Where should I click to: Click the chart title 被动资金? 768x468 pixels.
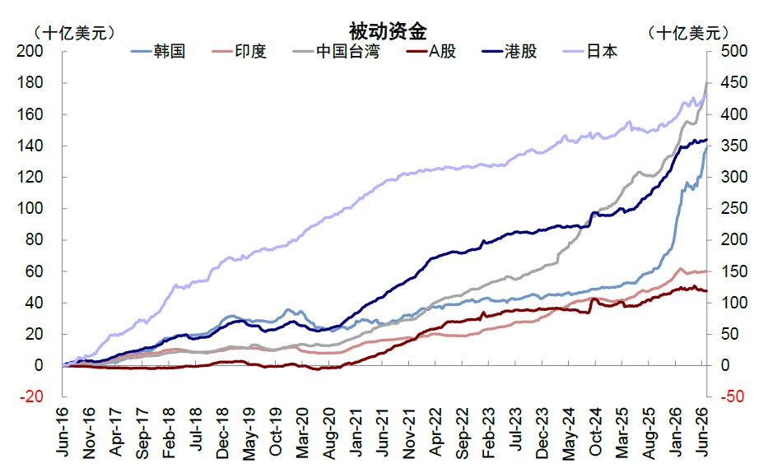[x=388, y=31]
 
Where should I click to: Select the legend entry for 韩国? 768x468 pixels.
[x=158, y=51]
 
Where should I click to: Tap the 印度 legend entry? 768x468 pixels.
[x=239, y=51]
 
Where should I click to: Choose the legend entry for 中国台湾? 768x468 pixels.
[x=336, y=51]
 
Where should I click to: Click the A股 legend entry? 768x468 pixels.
[x=431, y=51]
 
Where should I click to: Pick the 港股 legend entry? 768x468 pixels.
[x=510, y=51]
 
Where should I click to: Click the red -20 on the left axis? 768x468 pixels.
[x=32, y=396]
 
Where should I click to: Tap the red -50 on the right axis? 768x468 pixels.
[x=733, y=396]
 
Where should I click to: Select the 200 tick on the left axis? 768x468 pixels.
[x=30, y=51]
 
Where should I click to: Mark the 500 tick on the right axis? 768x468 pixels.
[x=733, y=51]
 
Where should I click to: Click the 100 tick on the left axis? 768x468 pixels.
[x=30, y=208]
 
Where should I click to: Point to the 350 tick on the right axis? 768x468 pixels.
[x=733, y=146]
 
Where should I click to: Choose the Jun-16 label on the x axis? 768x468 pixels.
[x=63, y=433]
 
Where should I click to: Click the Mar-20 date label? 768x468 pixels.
[x=303, y=433]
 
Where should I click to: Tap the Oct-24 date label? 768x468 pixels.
[x=596, y=433]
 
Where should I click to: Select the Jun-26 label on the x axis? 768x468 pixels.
[x=702, y=433]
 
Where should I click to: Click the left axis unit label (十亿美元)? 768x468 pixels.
[x=74, y=33]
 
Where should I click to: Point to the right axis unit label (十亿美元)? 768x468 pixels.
[x=688, y=33]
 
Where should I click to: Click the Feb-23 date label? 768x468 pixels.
[x=489, y=433]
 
